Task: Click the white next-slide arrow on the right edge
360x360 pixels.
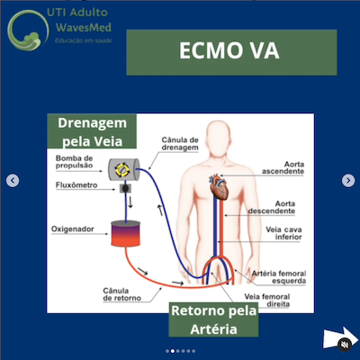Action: pos(347,181)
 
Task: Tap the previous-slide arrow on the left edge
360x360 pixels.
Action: pos(13,181)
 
